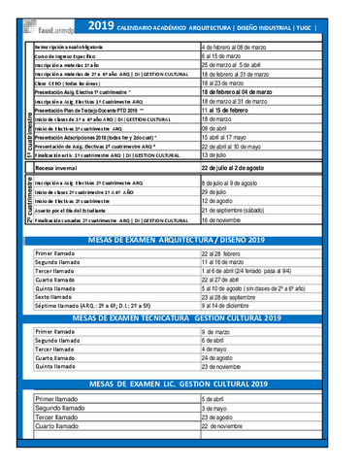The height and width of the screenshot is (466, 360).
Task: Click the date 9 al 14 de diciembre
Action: click(232, 306)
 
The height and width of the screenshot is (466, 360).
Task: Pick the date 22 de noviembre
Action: click(228, 427)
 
